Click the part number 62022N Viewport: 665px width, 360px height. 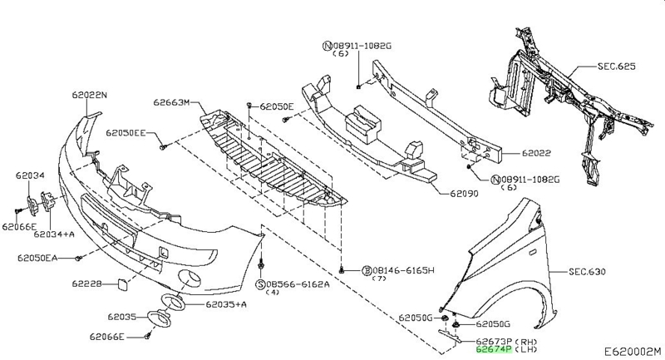[90, 96]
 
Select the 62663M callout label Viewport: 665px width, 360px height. [171, 103]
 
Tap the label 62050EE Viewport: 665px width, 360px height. [126, 132]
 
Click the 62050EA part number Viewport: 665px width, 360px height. [36, 259]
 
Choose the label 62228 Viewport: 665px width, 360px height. [86, 284]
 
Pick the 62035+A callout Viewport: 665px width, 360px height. [227, 305]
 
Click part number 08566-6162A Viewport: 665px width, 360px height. [298, 284]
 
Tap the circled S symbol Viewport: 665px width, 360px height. [260, 284]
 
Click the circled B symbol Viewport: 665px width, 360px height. [367, 270]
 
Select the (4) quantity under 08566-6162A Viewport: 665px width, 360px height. [272, 293]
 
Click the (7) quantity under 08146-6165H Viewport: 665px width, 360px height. [381, 279]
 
